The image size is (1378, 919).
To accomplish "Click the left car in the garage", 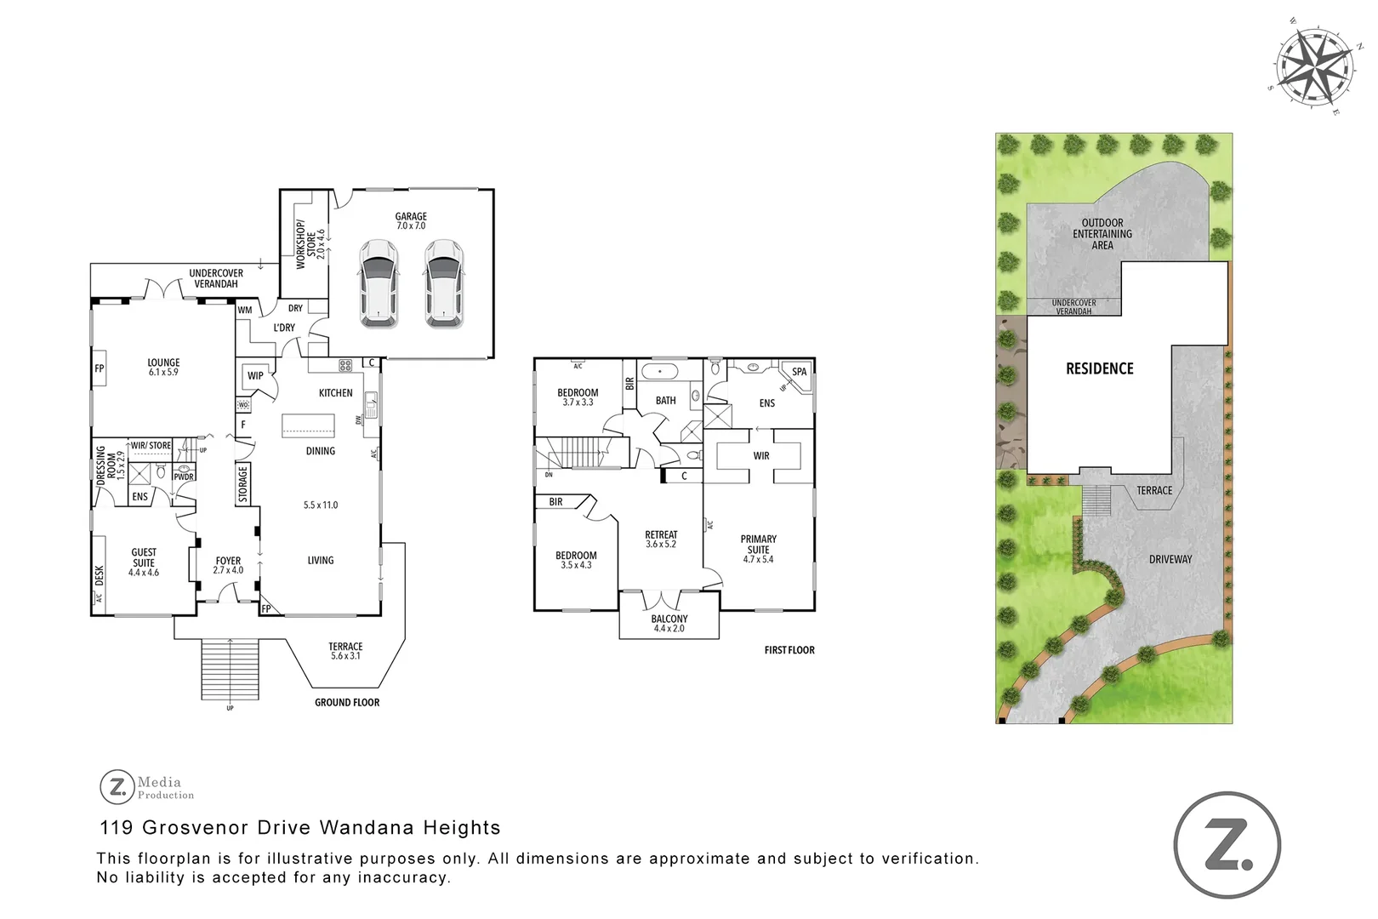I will point(379,283).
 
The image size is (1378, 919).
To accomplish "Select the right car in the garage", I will point(443,283).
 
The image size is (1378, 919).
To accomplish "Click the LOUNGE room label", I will point(163,367).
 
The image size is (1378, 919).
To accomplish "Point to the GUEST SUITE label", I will point(144,562).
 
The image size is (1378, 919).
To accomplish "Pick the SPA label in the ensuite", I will point(799,372).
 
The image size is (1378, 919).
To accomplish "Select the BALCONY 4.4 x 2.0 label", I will point(669,624).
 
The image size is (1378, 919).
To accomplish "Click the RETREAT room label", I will point(661,539).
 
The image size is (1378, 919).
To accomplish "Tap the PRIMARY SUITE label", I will point(758,549).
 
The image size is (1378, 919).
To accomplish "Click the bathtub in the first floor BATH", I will point(659,372).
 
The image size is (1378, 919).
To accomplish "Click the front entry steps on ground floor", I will point(230,668).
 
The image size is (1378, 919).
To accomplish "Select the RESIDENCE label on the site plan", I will point(1099,368).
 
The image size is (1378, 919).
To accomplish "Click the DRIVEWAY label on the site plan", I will point(1170,559).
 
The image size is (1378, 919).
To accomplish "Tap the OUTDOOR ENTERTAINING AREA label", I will point(1102,234).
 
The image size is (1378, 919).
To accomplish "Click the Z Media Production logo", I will point(147,787).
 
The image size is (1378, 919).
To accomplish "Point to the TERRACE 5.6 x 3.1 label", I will point(345,651).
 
